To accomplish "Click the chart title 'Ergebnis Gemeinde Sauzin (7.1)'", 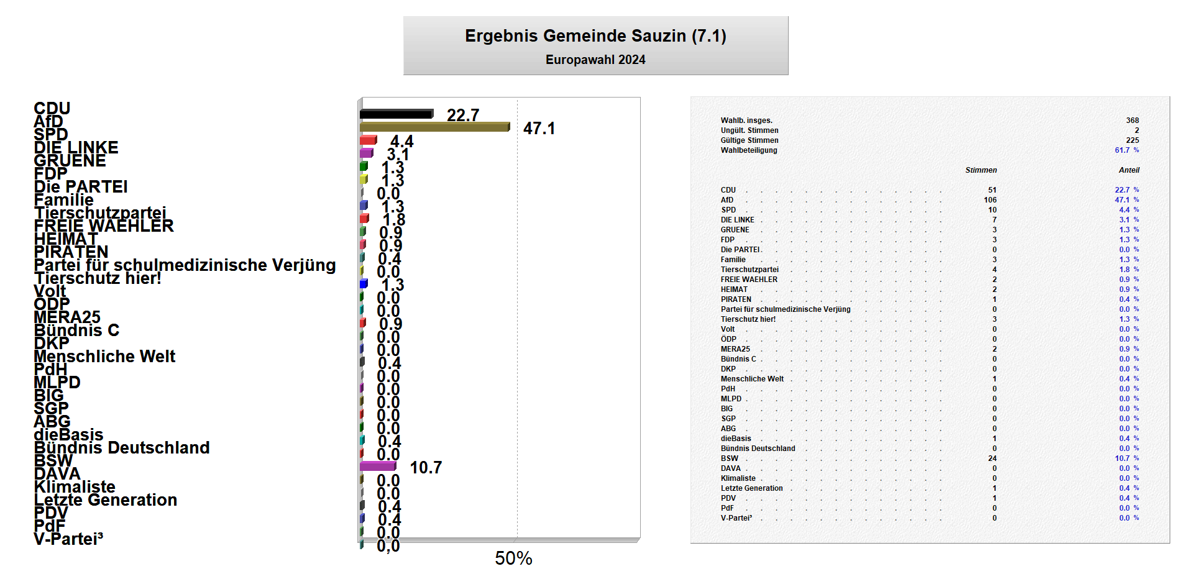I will point(595,36).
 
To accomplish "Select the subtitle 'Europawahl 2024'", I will point(595,60).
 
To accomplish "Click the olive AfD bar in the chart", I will point(434,127).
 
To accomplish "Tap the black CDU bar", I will point(396,114).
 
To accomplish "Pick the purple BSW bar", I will point(377,467).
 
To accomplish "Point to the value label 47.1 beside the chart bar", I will point(539,129).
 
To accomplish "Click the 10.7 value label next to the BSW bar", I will point(426,468).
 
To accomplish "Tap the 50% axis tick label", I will point(513,558).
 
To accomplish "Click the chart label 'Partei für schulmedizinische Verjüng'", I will point(185,265).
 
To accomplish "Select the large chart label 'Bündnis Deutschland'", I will point(122,448).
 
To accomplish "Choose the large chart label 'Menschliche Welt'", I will point(104,357).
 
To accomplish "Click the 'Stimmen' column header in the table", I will point(981,170).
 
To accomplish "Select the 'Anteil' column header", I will point(1129,170).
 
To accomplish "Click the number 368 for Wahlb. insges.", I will point(1132,121).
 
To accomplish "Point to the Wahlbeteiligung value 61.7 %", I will point(1126,150).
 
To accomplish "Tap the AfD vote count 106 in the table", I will point(990,200).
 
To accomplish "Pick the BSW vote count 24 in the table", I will point(992,458).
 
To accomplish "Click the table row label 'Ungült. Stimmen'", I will point(750,130).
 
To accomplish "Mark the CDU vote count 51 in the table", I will point(992,190).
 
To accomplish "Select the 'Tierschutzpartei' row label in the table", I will point(750,270).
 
